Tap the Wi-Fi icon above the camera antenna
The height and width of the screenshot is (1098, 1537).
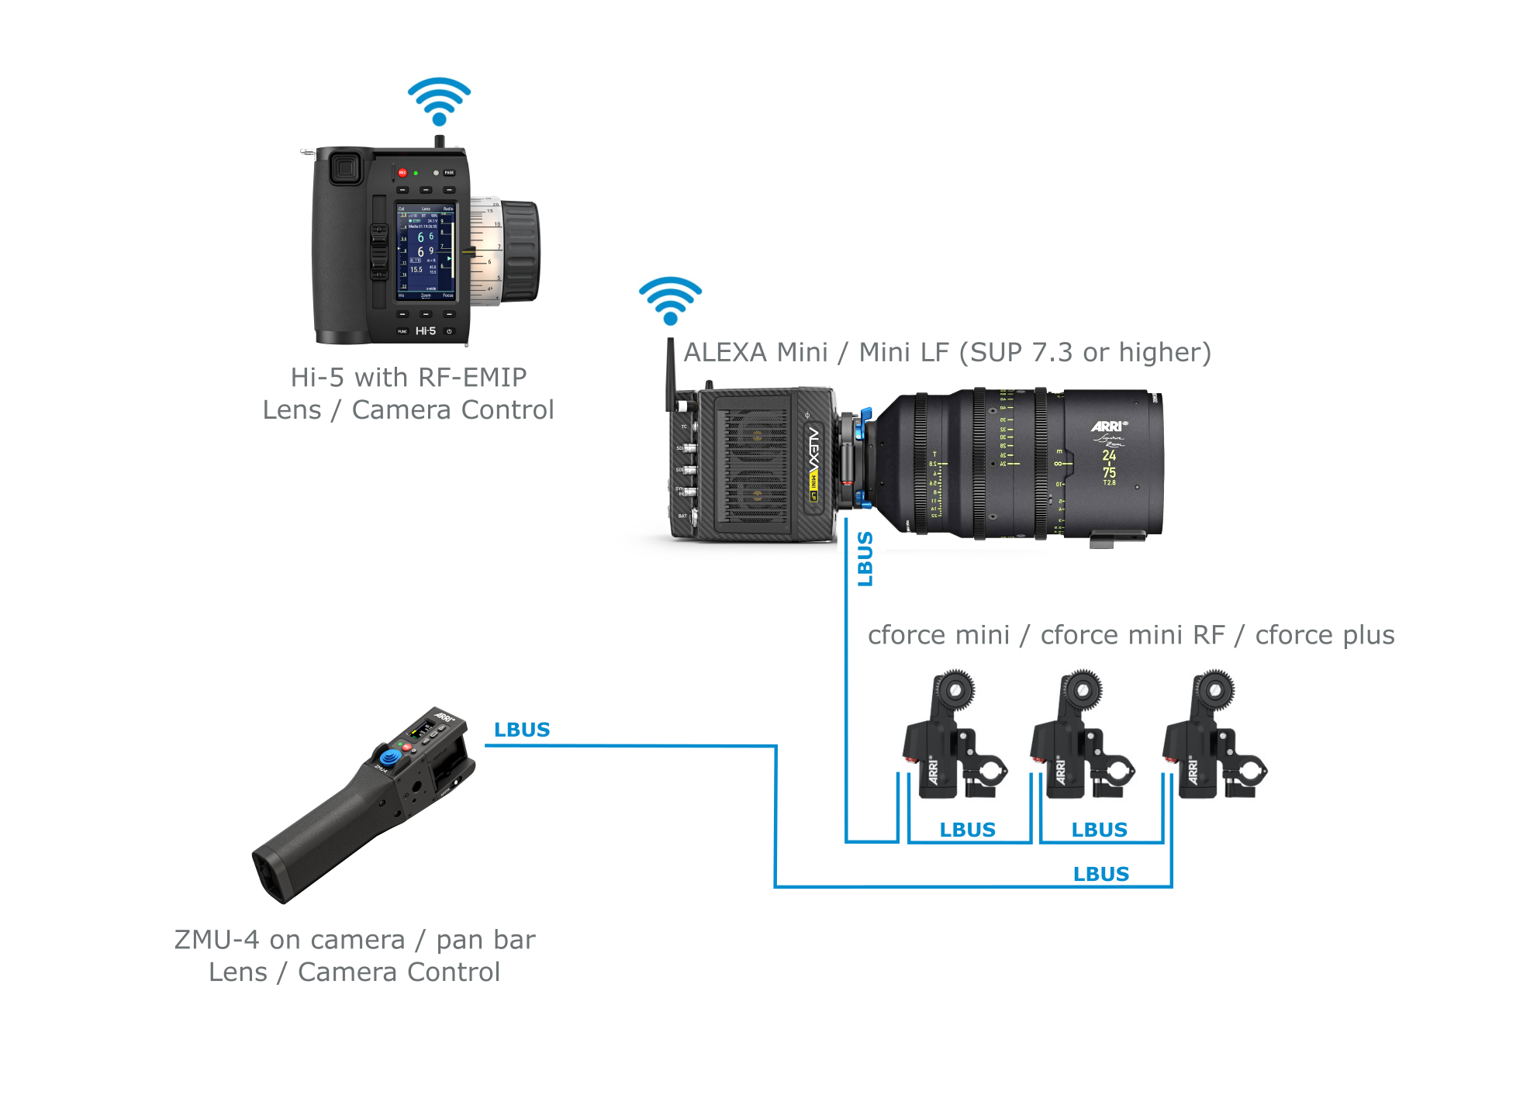(x=670, y=300)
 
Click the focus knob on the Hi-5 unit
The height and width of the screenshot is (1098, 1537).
(x=518, y=251)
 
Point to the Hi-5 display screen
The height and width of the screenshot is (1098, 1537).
(x=426, y=252)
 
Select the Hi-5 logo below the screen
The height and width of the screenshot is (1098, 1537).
(x=425, y=331)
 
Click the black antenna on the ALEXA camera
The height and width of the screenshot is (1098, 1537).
(x=670, y=372)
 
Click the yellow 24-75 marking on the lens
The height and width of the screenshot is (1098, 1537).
(x=1110, y=464)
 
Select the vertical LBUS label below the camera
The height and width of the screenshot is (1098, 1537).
(x=865, y=558)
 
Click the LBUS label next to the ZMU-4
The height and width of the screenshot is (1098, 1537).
(x=522, y=730)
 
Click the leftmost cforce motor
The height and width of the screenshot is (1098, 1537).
(x=953, y=737)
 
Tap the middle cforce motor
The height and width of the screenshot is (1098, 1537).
(x=1081, y=737)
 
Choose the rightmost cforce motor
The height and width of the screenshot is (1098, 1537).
(x=1213, y=737)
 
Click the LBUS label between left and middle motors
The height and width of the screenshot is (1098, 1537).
(x=967, y=830)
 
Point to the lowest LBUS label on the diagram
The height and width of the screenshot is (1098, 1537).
(x=1100, y=874)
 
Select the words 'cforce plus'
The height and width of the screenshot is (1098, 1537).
(x=1325, y=635)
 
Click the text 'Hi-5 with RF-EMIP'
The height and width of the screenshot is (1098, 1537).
(x=409, y=378)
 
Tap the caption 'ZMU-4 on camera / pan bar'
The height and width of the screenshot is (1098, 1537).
(x=354, y=940)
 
